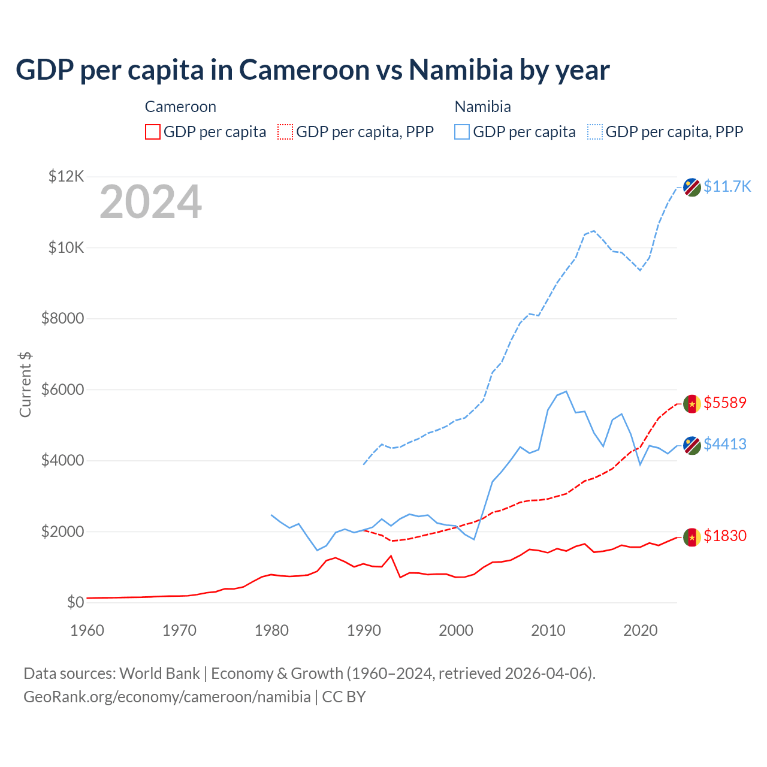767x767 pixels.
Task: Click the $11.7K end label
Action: pos(727,186)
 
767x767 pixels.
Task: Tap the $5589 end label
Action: pos(725,403)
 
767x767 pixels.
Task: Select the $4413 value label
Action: pos(725,444)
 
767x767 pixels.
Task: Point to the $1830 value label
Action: pos(725,536)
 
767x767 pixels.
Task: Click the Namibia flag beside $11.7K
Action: pos(692,187)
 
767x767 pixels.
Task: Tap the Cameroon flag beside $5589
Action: pos(692,403)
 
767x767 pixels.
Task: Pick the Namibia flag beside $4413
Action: pos(692,445)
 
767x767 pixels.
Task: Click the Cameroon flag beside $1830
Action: pos(692,536)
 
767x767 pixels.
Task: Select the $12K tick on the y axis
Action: pos(67,177)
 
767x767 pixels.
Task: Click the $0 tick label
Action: pos(75,602)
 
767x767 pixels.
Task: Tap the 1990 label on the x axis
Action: pos(364,630)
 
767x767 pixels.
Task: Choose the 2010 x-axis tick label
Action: pos(548,630)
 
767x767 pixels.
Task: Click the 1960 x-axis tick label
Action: pos(87,630)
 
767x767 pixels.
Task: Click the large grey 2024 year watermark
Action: pos(150,202)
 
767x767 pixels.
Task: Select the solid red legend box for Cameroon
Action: pos(153,132)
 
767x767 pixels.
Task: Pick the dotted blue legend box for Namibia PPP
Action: pos(595,132)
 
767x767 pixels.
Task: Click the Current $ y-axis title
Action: pos(25,385)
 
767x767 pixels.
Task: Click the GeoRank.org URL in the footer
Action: pos(167,697)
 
